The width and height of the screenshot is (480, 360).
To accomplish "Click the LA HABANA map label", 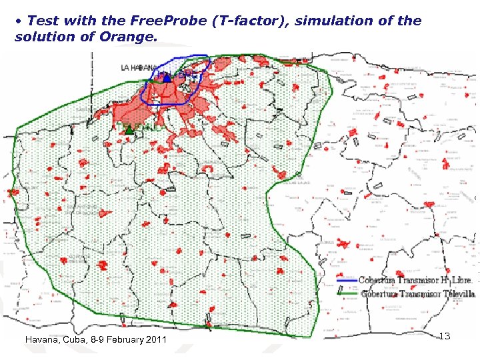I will pos(139,67).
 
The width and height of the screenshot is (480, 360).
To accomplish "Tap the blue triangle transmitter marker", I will pos(166,78).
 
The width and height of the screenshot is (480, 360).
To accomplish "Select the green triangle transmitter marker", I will pos(129,131).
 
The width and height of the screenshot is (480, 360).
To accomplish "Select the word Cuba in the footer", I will pos(74,340).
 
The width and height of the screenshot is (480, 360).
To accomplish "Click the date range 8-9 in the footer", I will pos(97,340).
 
